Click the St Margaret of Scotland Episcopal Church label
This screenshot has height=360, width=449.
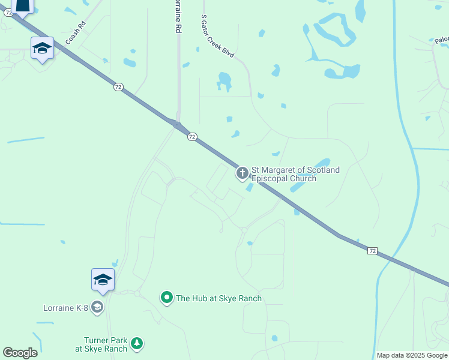[x=295, y=174]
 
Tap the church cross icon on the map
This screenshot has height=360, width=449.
[x=243, y=174]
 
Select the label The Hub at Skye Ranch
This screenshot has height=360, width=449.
[x=218, y=298]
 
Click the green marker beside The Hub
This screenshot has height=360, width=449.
[x=166, y=298]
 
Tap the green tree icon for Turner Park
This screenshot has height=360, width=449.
[x=137, y=343]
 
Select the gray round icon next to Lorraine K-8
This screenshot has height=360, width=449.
[x=97, y=308]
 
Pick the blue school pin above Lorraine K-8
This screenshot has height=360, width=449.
[x=103, y=280]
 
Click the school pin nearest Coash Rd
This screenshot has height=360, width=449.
[x=42, y=48]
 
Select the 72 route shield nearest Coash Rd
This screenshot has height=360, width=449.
[x=118, y=87]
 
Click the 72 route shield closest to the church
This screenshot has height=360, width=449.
[x=191, y=137]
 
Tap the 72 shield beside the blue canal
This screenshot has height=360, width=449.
[x=372, y=250]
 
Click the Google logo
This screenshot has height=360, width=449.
[x=20, y=353]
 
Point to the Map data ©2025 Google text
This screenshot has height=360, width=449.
[x=412, y=355]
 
